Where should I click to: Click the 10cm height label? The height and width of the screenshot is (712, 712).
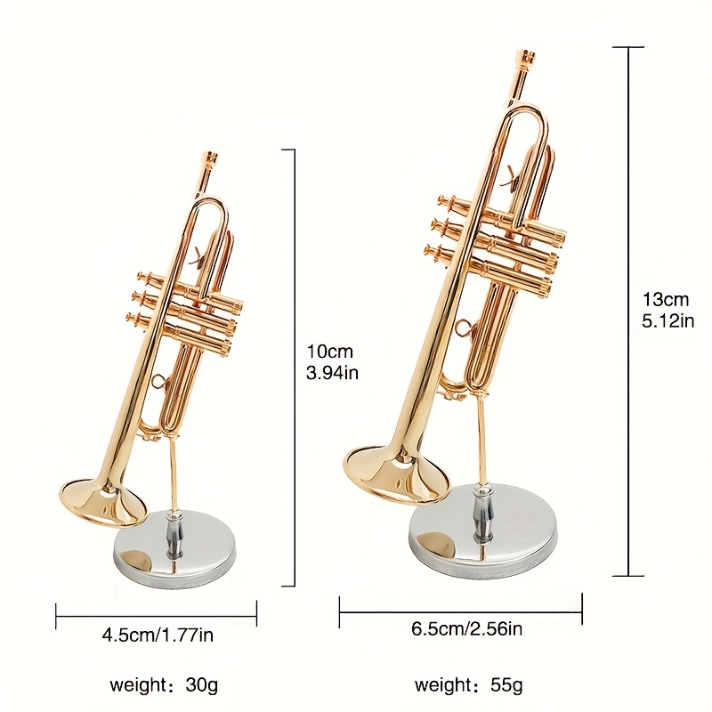329,351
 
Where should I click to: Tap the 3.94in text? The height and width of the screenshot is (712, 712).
332,373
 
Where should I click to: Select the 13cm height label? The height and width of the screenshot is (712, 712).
665,299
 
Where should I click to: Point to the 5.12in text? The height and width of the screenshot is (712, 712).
668,321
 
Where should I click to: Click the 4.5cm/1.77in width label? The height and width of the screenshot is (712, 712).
158,635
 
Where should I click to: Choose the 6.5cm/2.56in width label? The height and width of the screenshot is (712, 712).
466,628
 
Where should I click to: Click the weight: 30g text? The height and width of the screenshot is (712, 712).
164,684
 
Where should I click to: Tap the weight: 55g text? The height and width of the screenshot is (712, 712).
468,684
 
